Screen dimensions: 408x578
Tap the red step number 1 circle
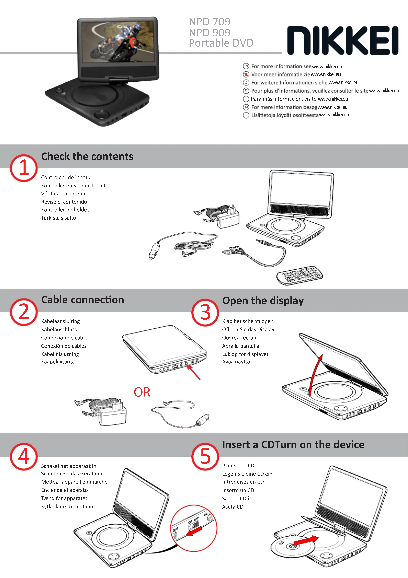(x=24, y=168)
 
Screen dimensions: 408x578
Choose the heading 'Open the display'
(x=263, y=301)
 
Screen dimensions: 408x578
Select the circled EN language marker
(x=246, y=66)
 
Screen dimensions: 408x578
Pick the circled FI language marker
(x=246, y=115)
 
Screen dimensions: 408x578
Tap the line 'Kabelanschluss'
(x=59, y=329)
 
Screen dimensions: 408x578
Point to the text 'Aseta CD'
(x=233, y=507)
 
